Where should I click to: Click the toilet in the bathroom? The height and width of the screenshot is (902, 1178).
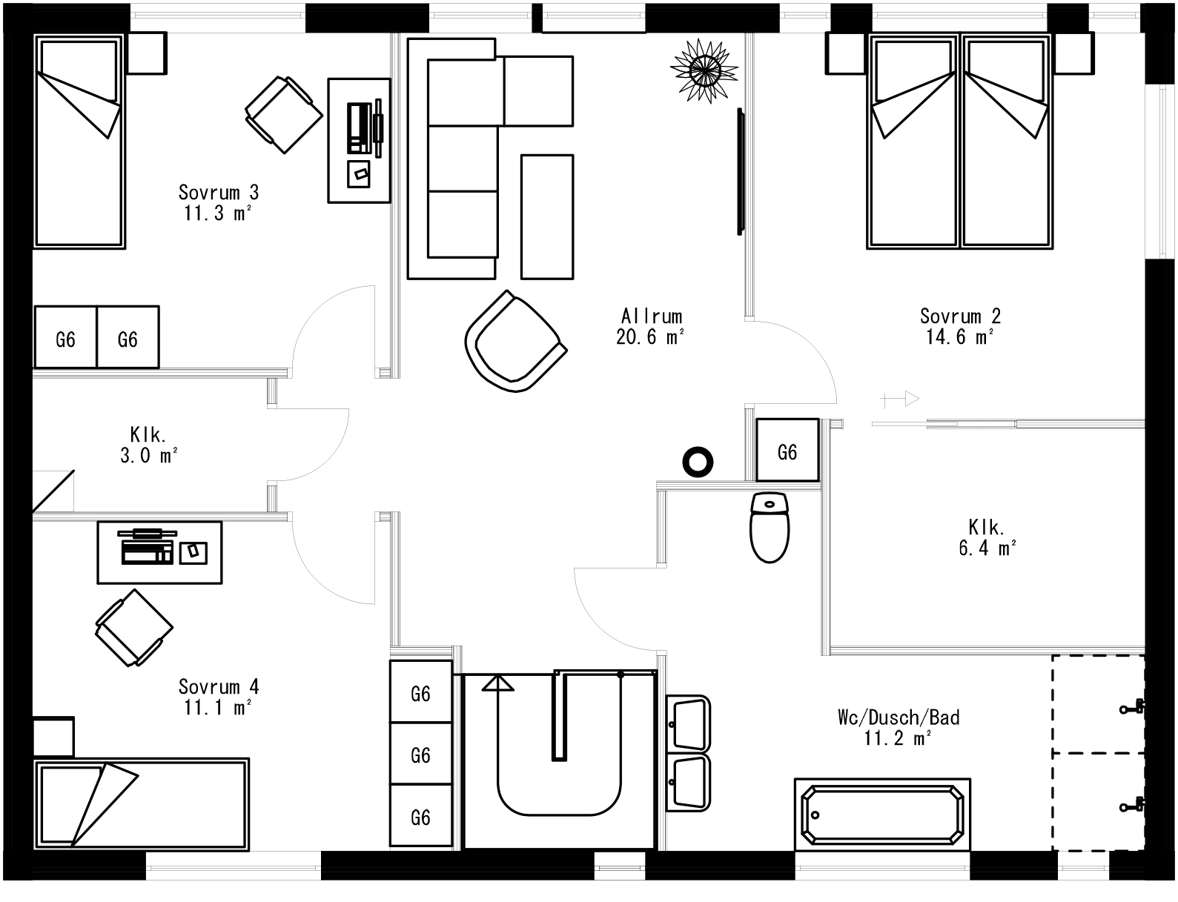(x=770, y=527)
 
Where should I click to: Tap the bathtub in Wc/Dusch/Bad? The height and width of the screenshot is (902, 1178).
(x=881, y=814)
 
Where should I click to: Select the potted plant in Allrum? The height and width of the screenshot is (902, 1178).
(x=704, y=70)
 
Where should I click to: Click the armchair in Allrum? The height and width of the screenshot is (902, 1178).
(x=514, y=342)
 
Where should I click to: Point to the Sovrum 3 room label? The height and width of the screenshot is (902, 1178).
(x=218, y=193)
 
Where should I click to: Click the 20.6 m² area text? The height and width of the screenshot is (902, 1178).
(x=649, y=338)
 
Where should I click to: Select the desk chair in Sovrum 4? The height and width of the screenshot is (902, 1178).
(x=133, y=627)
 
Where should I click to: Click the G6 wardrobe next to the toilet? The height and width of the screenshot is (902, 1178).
(x=787, y=451)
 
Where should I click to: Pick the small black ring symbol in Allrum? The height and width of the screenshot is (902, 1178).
(x=697, y=462)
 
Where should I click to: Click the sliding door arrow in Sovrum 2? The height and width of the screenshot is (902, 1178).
(x=900, y=399)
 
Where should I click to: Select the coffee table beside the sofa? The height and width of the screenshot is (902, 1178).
(x=547, y=216)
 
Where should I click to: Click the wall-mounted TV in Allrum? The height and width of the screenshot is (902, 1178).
(x=739, y=171)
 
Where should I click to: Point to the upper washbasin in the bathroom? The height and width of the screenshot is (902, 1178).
(x=689, y=723)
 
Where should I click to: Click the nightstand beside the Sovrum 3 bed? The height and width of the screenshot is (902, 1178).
(x=147, y=53)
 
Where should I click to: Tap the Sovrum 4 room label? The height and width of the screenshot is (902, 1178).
(x=218, y=686)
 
